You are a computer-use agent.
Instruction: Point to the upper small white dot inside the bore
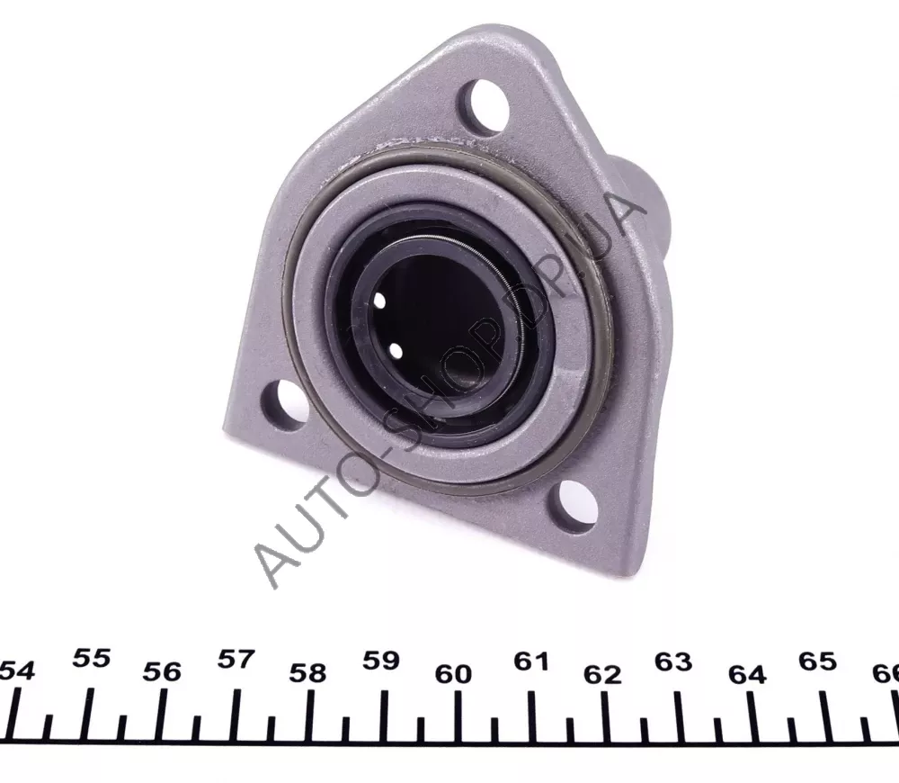tap(379, 301)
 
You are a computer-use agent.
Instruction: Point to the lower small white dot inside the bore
tap(395, 348)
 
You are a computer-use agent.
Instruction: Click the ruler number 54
tap(17, 670)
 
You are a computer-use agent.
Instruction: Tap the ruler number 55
tap(92, 658)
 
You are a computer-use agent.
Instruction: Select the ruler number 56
tap(162, 671)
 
